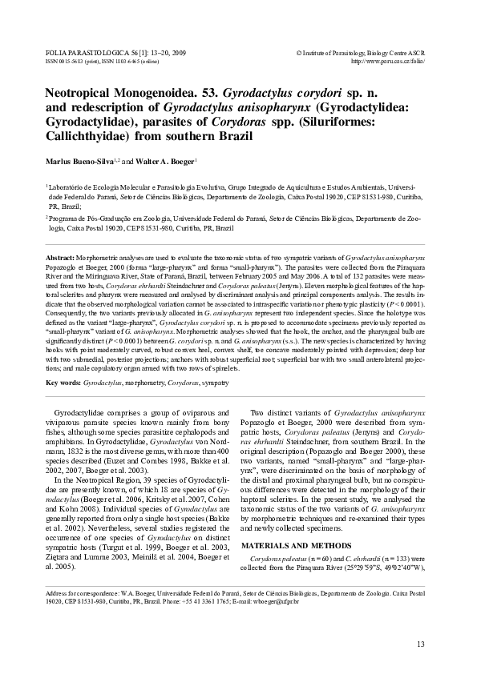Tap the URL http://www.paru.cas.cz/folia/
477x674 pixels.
[x=388, y=60]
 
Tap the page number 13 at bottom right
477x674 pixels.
[x=421, y=644]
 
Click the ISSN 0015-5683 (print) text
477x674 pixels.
[x=64, y=60]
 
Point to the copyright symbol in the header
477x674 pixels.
[x=298, y=51]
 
